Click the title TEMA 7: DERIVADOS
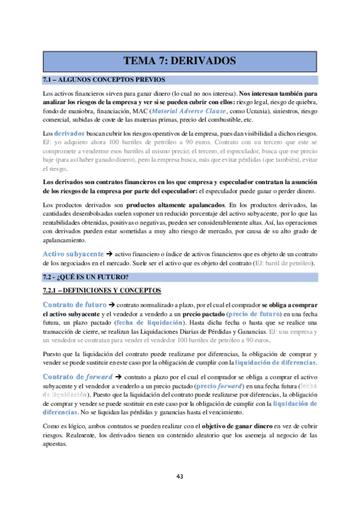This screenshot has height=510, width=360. (179, 61)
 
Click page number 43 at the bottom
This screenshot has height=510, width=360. (180, 476)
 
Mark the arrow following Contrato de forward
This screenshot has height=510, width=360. (118, 377)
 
